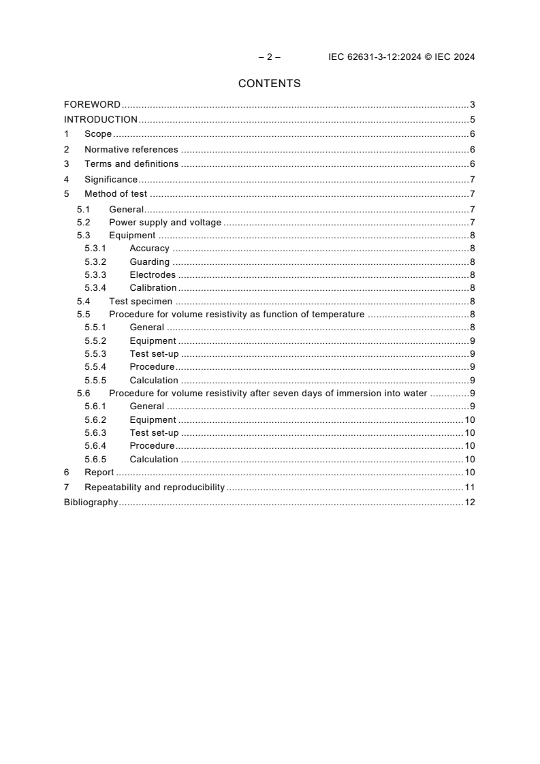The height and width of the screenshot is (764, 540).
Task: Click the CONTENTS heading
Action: tap(269, 84)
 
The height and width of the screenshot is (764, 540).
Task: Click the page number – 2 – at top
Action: tap(270, 57)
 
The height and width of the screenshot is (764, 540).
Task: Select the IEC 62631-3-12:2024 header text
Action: tap(402, 57)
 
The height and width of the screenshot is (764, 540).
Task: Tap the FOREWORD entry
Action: tap(92, 105)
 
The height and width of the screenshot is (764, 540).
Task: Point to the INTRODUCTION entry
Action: tap(101, 120)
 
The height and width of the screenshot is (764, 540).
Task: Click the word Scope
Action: tap(98, 134)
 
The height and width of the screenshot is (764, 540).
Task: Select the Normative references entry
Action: tap(131, 149)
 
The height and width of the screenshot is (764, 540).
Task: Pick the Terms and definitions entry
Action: tap(131, 163)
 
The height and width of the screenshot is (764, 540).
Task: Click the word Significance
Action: tap(111, 180)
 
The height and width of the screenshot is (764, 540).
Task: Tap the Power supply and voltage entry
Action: tap(165, 223)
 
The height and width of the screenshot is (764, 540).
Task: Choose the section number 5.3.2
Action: tap(96, 262)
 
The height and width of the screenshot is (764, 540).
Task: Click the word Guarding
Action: tap(150, 262)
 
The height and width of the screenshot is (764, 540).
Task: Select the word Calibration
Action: tap(153, 288)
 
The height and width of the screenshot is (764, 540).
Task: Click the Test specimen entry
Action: tap(141, 302)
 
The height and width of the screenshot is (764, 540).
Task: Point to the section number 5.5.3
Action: tap(96, 354)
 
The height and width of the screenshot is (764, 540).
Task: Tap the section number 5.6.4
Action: tap(96, 446)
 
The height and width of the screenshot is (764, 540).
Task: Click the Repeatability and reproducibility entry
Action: tap(155, 488)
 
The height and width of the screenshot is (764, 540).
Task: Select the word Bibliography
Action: tap(91, 503)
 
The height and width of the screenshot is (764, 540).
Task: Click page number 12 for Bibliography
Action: tap(469, 503)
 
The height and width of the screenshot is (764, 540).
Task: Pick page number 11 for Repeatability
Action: tap(469, 488)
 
